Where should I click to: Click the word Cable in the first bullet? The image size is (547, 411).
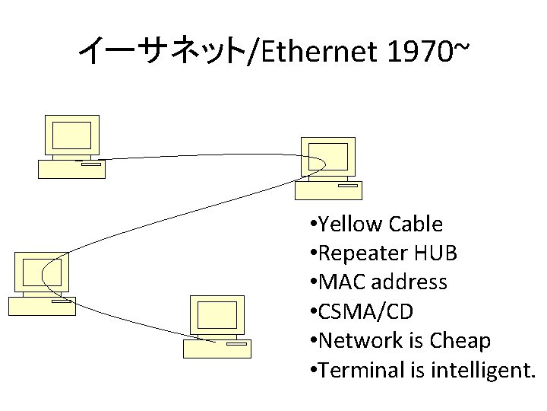tap(415, 224)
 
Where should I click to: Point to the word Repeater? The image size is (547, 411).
tap(364, 253)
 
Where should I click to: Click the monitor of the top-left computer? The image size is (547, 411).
tap(71, 135)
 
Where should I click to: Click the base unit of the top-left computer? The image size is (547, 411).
tap(71, 168)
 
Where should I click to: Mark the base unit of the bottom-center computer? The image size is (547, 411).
tap(217, 349)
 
